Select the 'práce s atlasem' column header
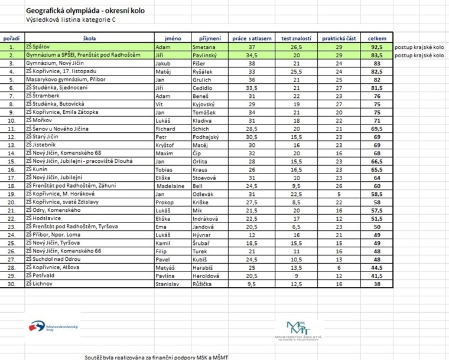tap(252, 38)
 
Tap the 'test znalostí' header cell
tap(297, 38)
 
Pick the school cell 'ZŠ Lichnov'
tap(40, 283)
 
